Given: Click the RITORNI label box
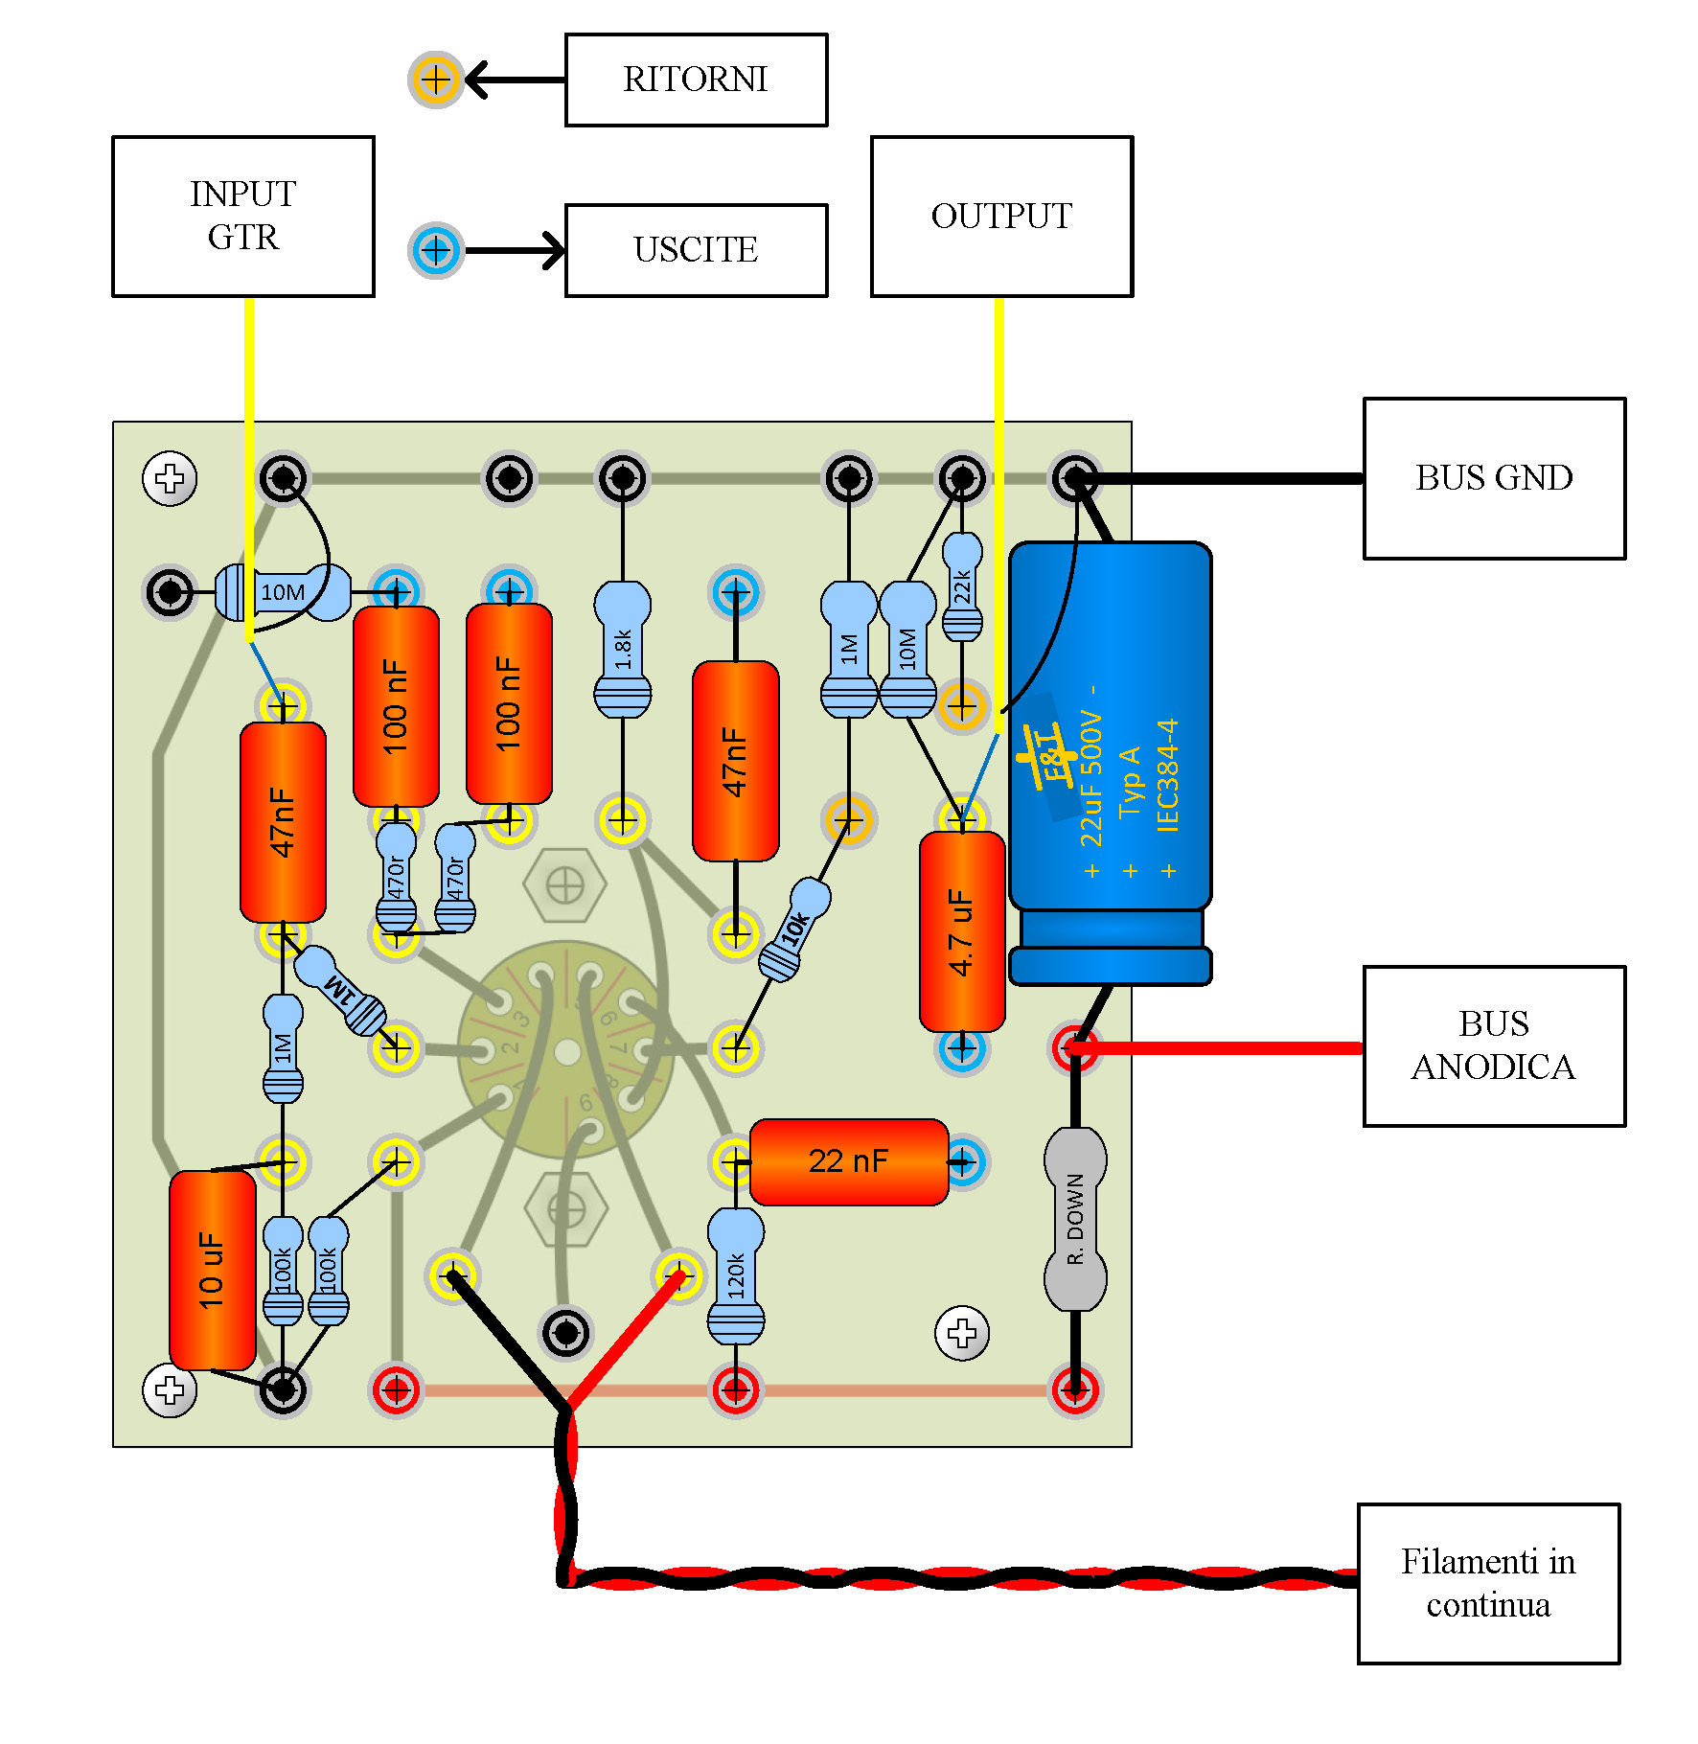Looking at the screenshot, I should pyautogui.click(x=696, y=80).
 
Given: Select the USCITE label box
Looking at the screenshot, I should pyautogui.click(x=696, y=250).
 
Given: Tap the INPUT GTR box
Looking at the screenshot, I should pyautogui.click(x=242, y=217).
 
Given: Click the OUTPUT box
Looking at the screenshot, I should pyautogui.click(x=1001, y=217).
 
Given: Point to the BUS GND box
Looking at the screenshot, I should pyautogui.click(x=1494, y=478).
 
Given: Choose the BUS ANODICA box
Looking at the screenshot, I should pyautogui.click(x=1494, y=1046).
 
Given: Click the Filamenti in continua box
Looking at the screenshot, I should pyautogui.click(x=1488, y=1584).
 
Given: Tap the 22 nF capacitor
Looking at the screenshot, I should pyautogui.click(x=849, y=1161).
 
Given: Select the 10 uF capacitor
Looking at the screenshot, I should pyautogui.click(x=212, y=1270).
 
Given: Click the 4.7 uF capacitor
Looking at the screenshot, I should pyautogui.click(x=961, y=931).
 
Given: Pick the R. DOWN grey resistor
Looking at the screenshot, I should pyautogui.click(x=1075, y=1219).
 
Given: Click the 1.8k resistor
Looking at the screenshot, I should pyautogui.click(x=623, y=649).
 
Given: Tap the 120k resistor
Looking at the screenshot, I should pyautogui.click(x=735, y=1275).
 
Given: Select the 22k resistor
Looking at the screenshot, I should pyautogui.click(x=962, y=586).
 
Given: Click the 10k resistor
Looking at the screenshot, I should pyautogui.click(x=794, y=929).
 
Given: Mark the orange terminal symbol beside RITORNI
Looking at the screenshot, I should pyautogui.click(x=436, y=80).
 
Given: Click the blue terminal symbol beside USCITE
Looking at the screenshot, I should pyautogui.click(x=436, y=250).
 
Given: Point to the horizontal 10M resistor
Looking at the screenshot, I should pyautogui.click(x=283, y=592).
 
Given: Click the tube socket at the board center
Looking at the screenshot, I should pyautogui.click(x=567, y=1051).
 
